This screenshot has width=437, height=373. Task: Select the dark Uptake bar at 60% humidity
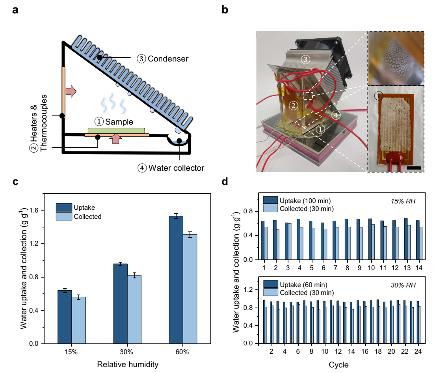coord(176,280)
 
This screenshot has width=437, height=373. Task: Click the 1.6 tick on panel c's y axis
coord(35,210)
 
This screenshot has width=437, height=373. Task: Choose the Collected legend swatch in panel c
coord(63,216)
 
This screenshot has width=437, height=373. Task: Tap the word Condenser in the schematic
coord(168,59)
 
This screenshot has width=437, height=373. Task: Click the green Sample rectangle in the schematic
coord(116,131)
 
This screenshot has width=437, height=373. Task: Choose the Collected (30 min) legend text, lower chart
coord(306,292)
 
